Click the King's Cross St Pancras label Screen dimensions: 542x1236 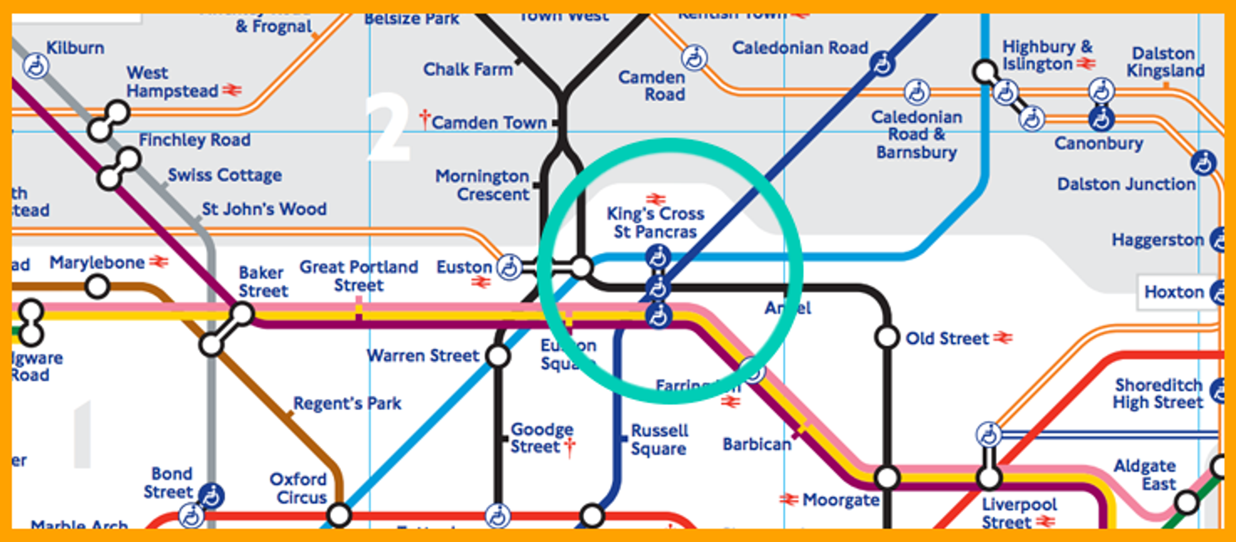click(655, 223)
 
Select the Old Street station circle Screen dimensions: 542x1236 click(887, 337)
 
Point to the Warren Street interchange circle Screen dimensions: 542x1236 click(498, 356)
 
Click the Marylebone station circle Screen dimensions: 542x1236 click(98, 287)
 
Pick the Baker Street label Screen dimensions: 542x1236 click(263, 282)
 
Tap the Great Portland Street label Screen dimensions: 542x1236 click(359, 276)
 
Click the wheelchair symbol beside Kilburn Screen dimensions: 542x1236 click(36, 66)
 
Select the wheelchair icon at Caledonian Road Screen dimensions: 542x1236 click(882, 63)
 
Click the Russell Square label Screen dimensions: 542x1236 click(659, 440)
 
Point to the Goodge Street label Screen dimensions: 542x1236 click(541, 438)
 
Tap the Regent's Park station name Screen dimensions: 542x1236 click(347, 403)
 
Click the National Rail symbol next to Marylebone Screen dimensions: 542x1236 click(159, 261)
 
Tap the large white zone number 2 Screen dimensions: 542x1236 click(388, 127)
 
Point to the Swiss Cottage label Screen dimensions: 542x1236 click(225, 175)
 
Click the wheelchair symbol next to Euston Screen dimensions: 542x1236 click(509, 267)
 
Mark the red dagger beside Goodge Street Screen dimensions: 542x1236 click(569, 446)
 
